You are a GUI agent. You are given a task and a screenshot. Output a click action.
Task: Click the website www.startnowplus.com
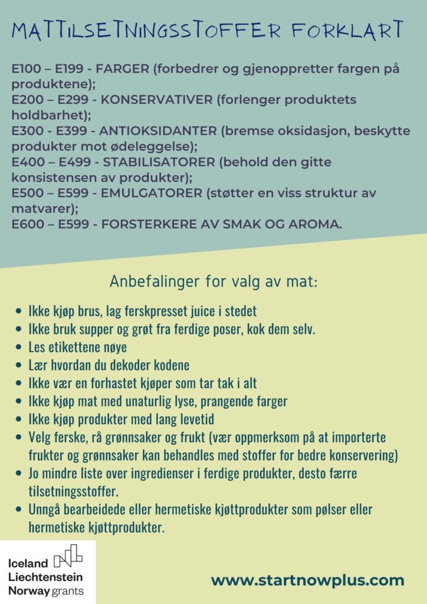(x=307, y=580)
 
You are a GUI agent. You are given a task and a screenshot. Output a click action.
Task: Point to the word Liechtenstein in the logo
(x=45, y=577)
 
